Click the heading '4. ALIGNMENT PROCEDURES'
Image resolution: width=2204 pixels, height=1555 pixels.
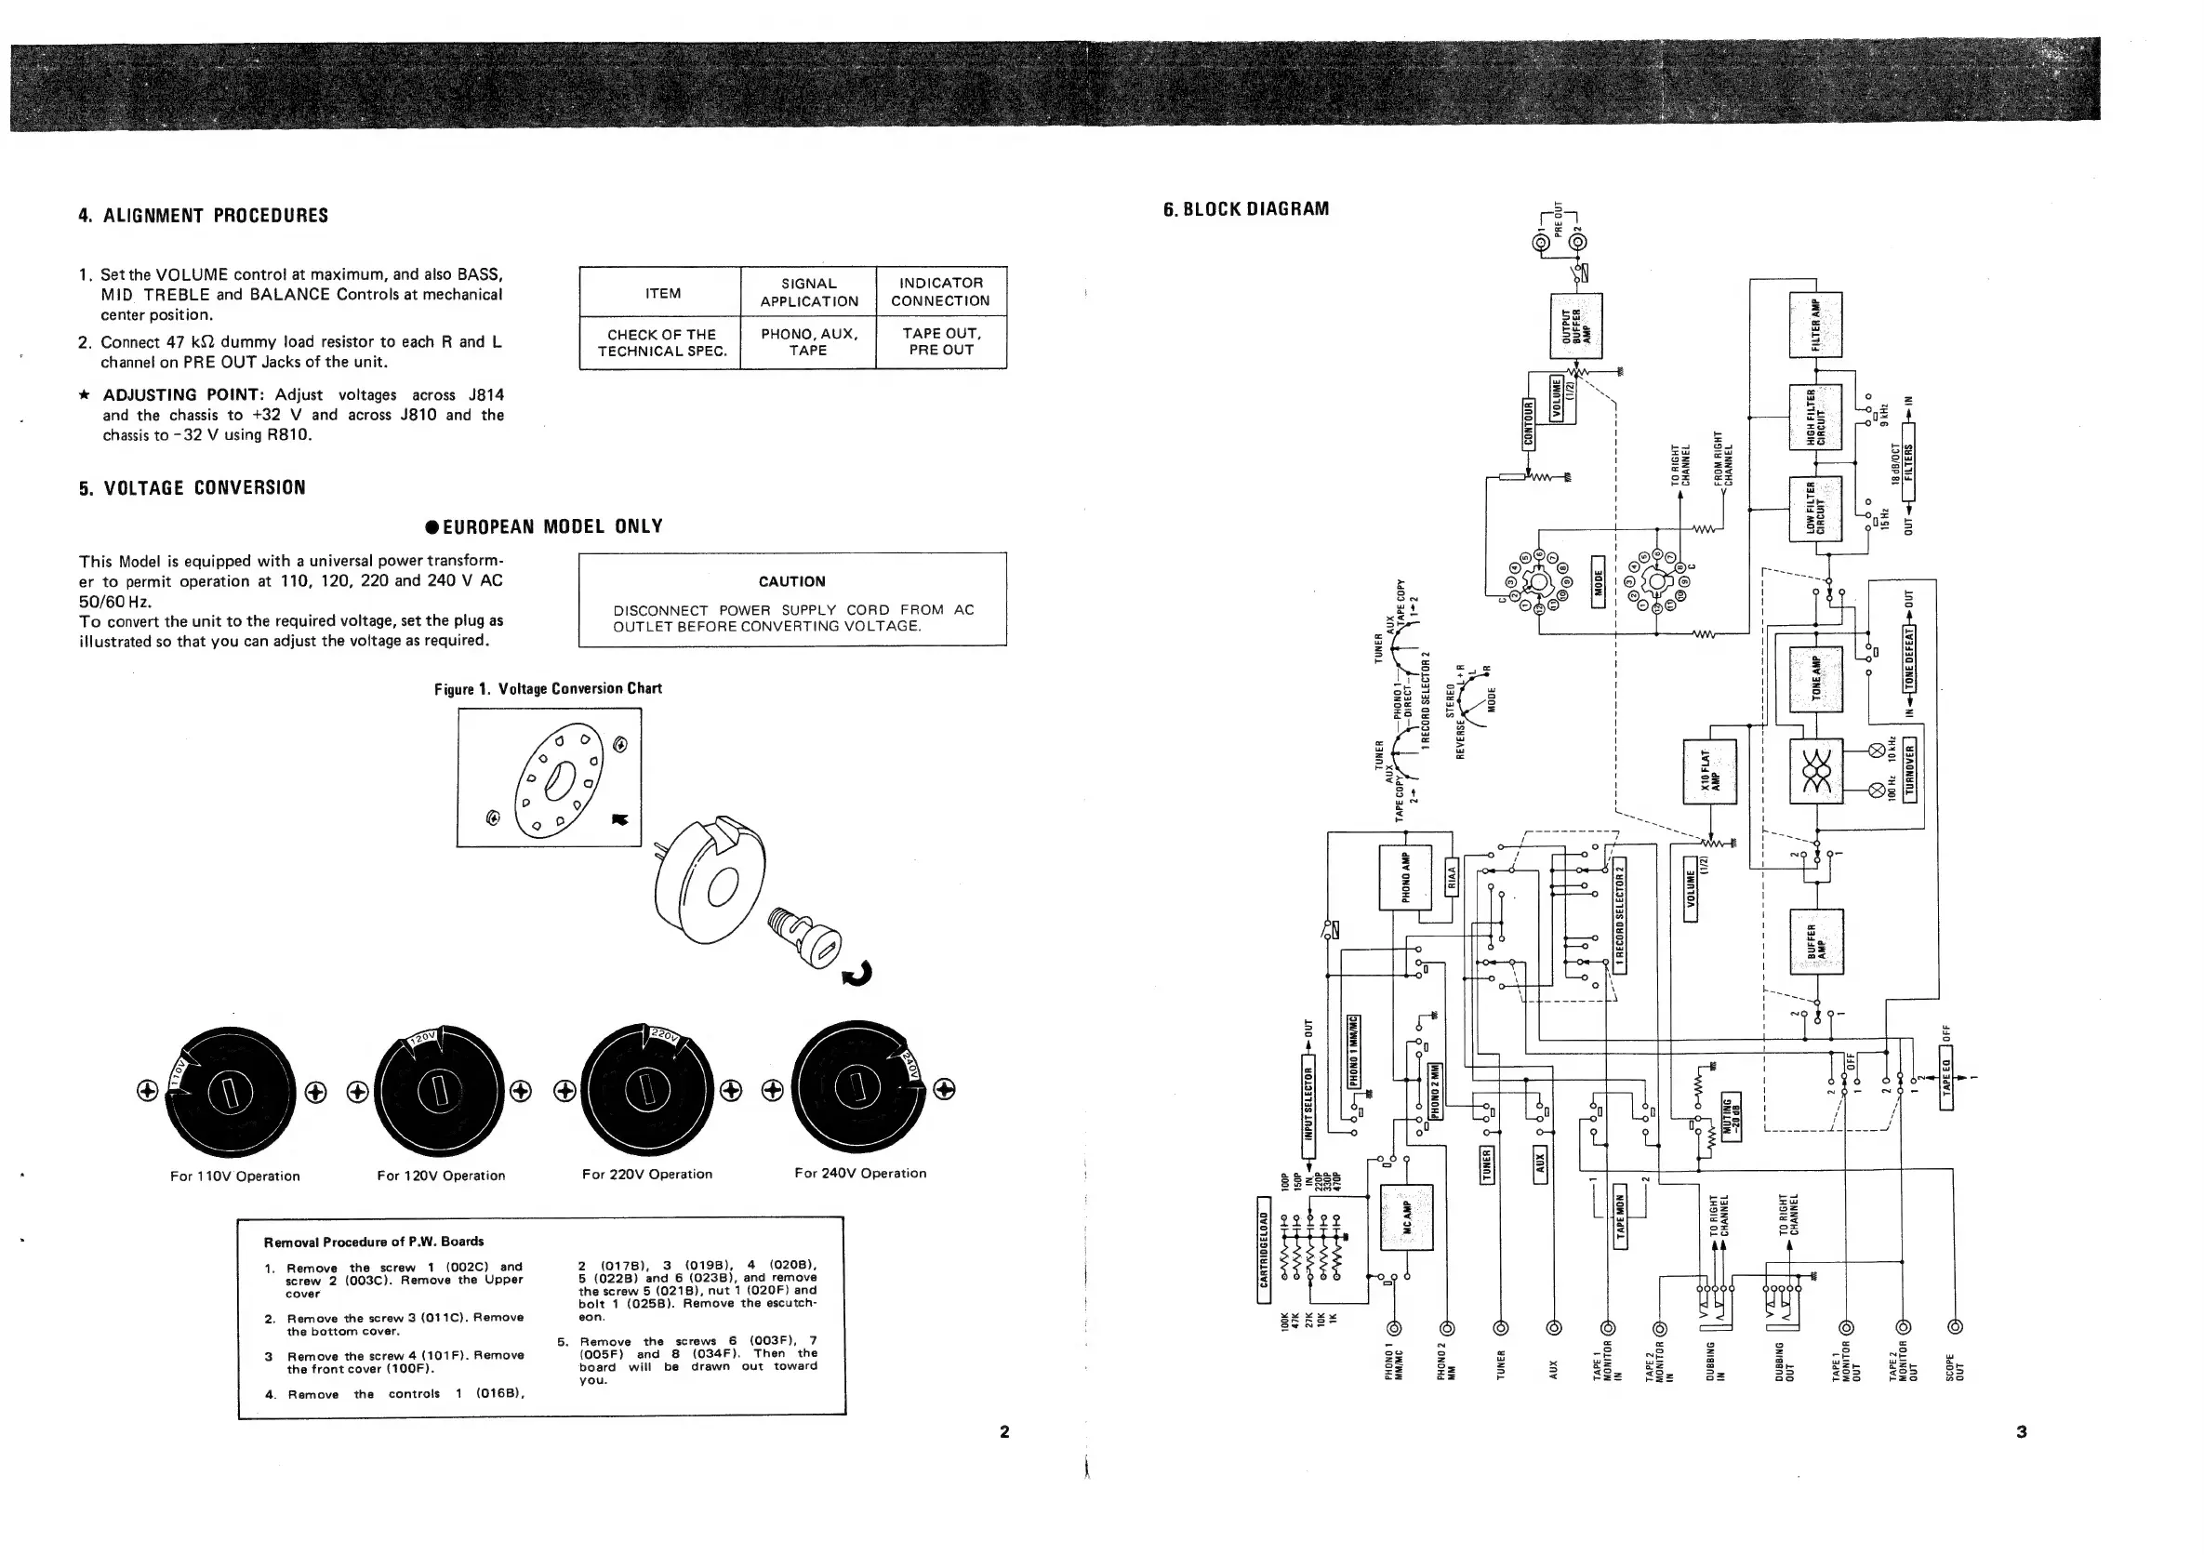click(x=203, y=215)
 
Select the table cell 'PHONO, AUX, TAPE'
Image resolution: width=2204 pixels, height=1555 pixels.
click(x=808, y=341)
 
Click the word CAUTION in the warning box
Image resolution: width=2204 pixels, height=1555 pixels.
click(x=792, y=580)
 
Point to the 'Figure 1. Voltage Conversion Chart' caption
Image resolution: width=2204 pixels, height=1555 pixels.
click(x=547, y=688)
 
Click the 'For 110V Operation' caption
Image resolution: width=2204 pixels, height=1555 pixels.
click(x=235, y=1176)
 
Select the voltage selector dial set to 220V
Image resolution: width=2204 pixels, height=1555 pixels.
click(x=647, y=1087)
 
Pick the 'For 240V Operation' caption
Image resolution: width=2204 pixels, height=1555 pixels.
click(x=860, y=1173)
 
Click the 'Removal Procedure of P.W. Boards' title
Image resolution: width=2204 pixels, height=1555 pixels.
click(x=374, y=1242)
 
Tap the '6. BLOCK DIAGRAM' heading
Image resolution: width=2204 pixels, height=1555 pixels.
click(x=1246, y=209)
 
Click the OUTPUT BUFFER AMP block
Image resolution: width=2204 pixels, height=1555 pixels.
click(x=1576, y=326)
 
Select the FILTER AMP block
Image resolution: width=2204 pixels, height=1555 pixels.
click(x=1815, y=324)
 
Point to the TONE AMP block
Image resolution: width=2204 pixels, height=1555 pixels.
click(x=1816, y=678)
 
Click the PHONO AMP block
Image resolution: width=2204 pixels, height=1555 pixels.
click(x=1405, y=876)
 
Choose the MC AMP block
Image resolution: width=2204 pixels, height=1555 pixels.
click(x=1406, y=1217)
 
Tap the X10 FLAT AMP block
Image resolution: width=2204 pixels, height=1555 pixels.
click(x=1709, y=771)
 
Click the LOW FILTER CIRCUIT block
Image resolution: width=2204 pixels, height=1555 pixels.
click(x=1815, y=509)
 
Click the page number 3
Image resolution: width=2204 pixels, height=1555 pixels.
click(x=2021, y=1431)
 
